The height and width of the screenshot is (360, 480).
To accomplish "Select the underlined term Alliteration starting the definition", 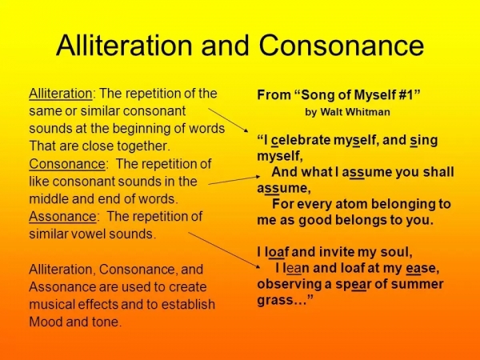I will [x=60, y=94].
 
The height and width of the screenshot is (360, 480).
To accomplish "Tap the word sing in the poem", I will [x=424, y=140].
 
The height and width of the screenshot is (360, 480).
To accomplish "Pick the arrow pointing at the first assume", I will [x=240, y=178].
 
